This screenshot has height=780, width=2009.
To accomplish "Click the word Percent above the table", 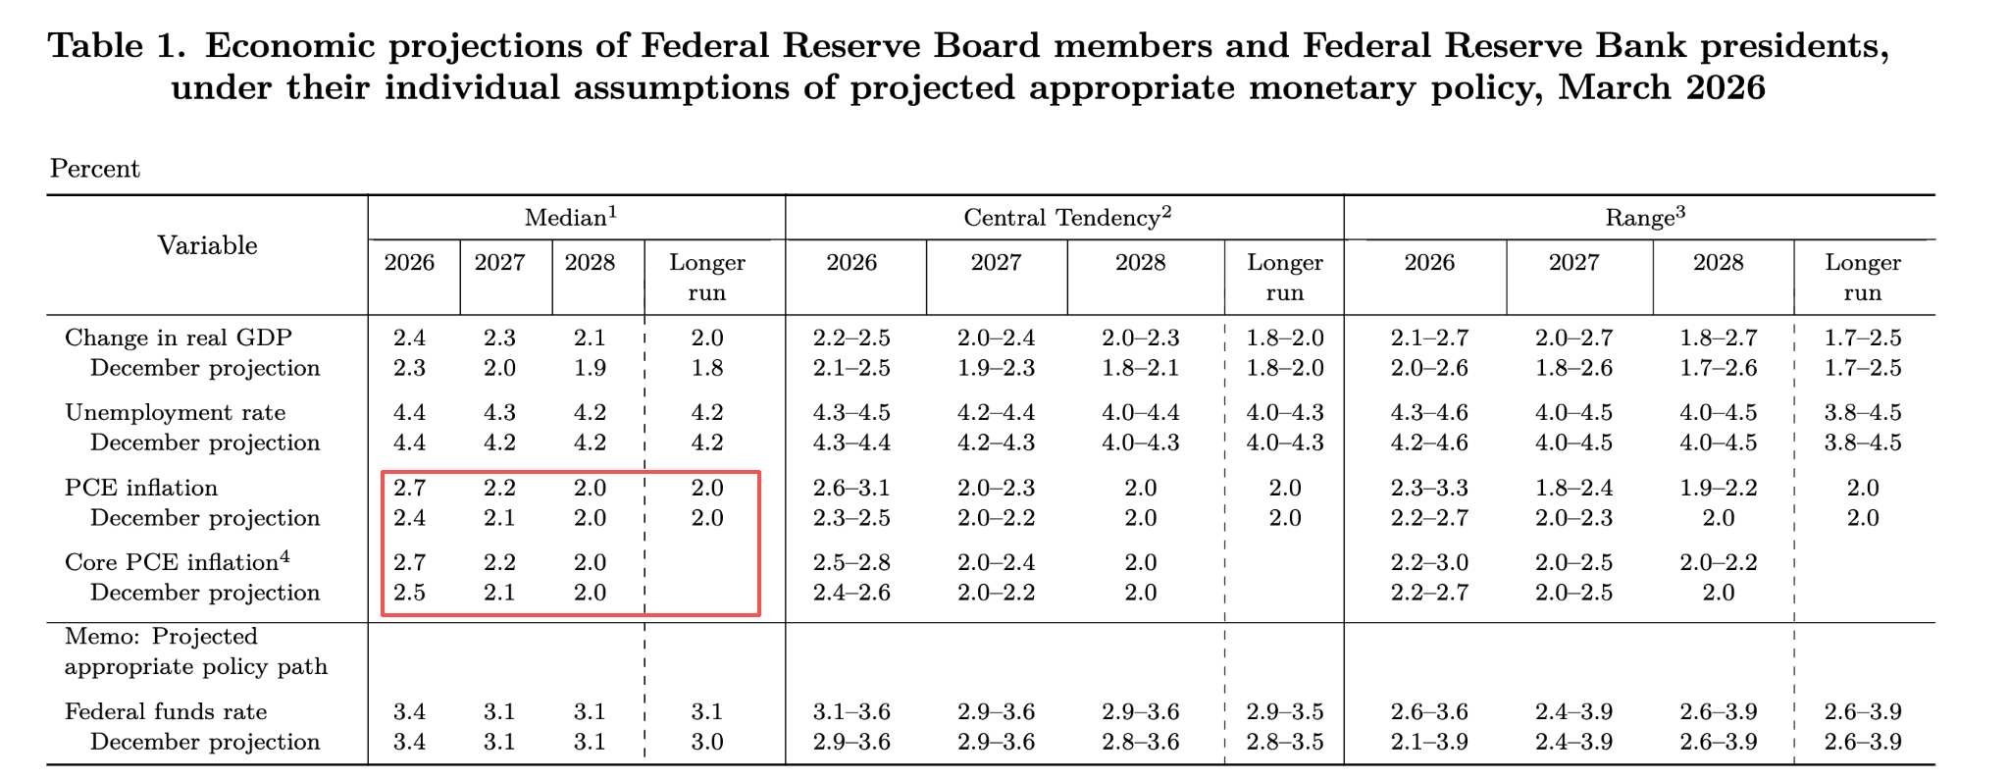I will point(95,169).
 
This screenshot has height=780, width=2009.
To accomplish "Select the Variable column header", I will point(207,245).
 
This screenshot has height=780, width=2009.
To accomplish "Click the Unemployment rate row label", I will point(175,413).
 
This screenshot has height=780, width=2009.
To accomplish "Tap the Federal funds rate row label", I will point(166,711).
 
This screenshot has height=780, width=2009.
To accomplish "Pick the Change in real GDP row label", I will point(179,338).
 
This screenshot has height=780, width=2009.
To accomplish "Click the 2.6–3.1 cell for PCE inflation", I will point(851,488).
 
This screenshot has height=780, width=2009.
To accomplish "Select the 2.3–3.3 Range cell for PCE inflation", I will point(1429,488).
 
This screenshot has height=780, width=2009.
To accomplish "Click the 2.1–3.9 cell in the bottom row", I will point(1429,742).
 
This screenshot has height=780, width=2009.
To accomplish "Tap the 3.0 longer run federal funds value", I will point(707,742).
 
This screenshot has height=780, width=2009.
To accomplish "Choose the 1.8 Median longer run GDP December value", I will point(707,368).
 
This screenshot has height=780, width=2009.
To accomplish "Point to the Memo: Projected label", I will point(161,637).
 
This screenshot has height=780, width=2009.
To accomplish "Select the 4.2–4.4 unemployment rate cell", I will point(996,413).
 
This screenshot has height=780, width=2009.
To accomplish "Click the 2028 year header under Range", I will point(1719,263).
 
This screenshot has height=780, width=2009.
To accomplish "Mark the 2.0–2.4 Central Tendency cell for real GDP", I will point(996,338).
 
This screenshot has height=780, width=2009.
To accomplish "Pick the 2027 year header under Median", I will point(499,263).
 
